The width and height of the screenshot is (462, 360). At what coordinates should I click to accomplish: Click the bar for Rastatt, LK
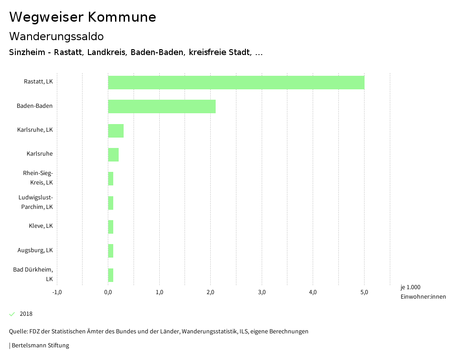click(x=236, y=83)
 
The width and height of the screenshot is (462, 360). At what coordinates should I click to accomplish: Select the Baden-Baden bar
click(x=162, y=106)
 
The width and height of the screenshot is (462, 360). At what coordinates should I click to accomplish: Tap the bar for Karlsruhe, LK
click(x=115, y=131)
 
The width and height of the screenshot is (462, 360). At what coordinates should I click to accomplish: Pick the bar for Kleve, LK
click(x=111, y=227)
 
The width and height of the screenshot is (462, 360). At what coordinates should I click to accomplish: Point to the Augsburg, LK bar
click(x=111, y=251)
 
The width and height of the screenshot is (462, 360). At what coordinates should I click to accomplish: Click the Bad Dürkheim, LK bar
click(x=111, y=275)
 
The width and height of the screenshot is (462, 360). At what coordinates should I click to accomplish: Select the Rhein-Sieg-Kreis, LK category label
click(x=38, y=178)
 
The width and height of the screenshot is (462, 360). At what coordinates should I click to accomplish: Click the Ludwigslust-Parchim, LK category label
click(x=36, y=202)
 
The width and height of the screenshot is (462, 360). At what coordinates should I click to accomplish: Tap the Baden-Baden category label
click(x=35, y=106)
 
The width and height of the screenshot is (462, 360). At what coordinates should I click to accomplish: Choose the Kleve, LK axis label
click(x=41, y=226)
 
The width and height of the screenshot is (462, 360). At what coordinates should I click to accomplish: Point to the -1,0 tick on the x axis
click(x=57, y=292)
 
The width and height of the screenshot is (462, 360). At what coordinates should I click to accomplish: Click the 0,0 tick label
click(x=108, y=292)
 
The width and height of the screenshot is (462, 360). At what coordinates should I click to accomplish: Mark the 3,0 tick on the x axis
click(x=262, y=292)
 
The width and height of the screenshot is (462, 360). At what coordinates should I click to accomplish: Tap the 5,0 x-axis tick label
click(x=364, y=292)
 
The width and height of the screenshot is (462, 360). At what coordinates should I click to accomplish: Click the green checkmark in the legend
click(x=12, y=314)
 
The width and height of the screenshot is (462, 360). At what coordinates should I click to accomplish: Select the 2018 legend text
click(x=26, y=314)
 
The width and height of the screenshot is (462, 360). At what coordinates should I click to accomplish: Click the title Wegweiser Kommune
click(x=83, y=17)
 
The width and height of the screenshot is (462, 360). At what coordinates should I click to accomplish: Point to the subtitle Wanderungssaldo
click(x=56, y=36)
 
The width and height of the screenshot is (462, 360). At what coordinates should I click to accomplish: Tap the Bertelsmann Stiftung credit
click(x=40, y=346)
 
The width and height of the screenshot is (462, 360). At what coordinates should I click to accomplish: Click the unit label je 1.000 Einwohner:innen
click(x=423, y=292)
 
